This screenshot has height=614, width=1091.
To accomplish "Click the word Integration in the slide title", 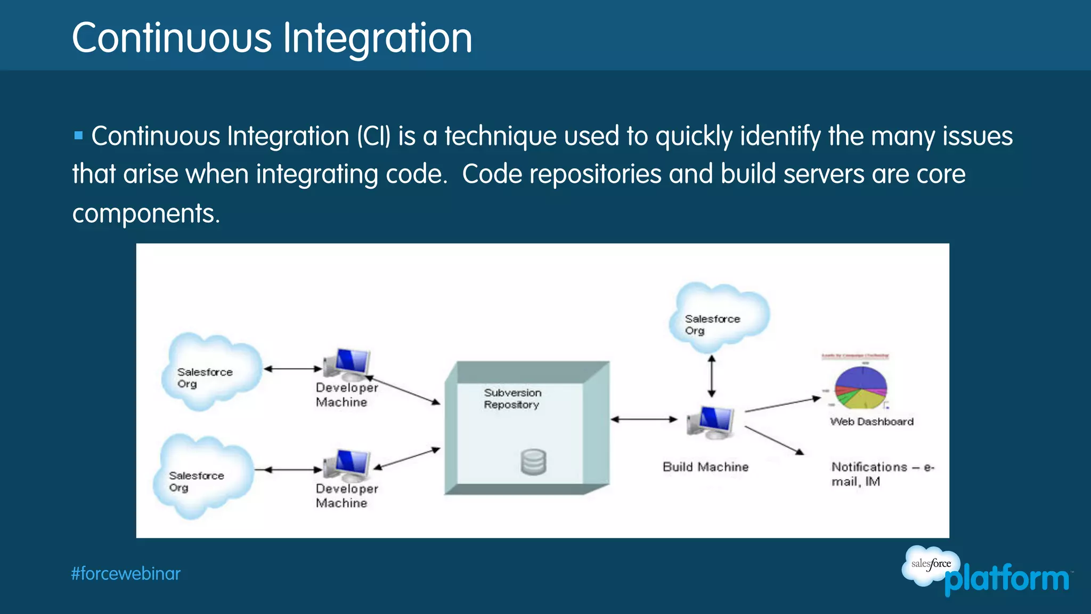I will coord(377,39).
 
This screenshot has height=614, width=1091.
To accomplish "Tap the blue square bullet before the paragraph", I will coord(78,135).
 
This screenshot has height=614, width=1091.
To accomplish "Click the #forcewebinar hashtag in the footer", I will coord(126,574).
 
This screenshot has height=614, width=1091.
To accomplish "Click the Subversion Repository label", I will coord(512,399).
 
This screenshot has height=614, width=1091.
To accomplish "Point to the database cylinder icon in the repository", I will coord(533,462).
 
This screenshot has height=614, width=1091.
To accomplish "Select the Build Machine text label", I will coord(705,467).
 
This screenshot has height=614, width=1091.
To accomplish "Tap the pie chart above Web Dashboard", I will coord(860,387).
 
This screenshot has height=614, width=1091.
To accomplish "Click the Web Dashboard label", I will coord(872,422).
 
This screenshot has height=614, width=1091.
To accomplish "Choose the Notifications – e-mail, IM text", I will coord(882,474).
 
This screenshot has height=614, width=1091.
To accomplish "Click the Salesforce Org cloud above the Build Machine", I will coord(718,318).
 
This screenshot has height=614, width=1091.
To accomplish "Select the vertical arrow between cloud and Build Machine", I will coord(712,376).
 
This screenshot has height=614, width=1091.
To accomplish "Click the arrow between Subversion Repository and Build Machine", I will coord(644,419).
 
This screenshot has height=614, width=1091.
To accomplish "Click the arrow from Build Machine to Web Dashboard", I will coord(782,405).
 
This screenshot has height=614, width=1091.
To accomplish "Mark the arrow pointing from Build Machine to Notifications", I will coord(774,440).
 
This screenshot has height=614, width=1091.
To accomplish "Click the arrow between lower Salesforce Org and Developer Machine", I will coord(288,470).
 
